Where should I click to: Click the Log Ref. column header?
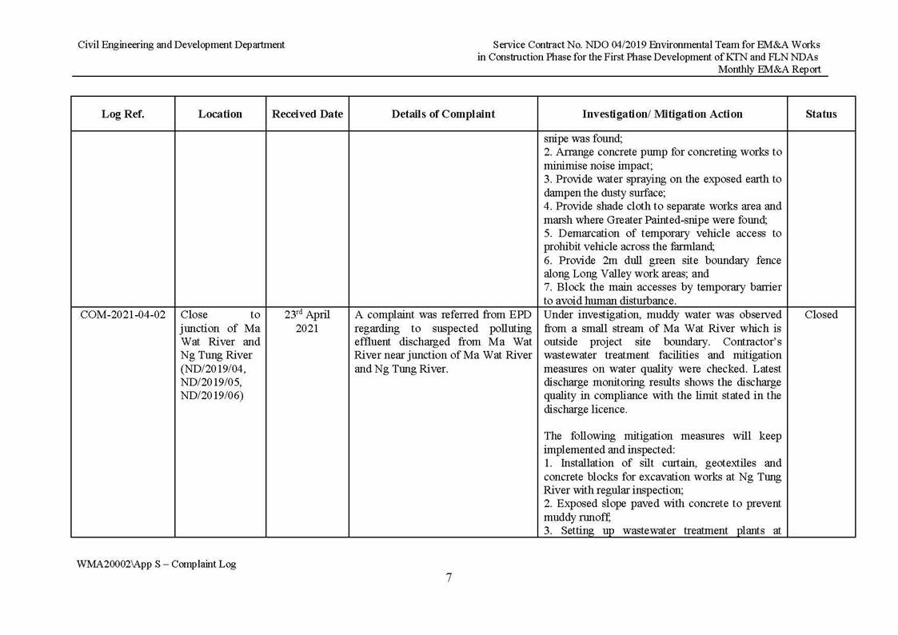122,114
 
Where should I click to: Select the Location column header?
220,114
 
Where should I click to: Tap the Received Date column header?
307,114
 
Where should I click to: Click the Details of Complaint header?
443,114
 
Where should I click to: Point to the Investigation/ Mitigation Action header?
662,114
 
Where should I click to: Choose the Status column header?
820,114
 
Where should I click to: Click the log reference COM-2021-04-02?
122,315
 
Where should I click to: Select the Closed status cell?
820,315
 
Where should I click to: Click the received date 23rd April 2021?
307,321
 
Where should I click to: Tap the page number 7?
449,578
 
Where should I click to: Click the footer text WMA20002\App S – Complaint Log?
157,564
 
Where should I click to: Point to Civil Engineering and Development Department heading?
181,45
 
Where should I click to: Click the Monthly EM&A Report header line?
768,70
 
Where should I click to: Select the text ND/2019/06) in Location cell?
212,396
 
